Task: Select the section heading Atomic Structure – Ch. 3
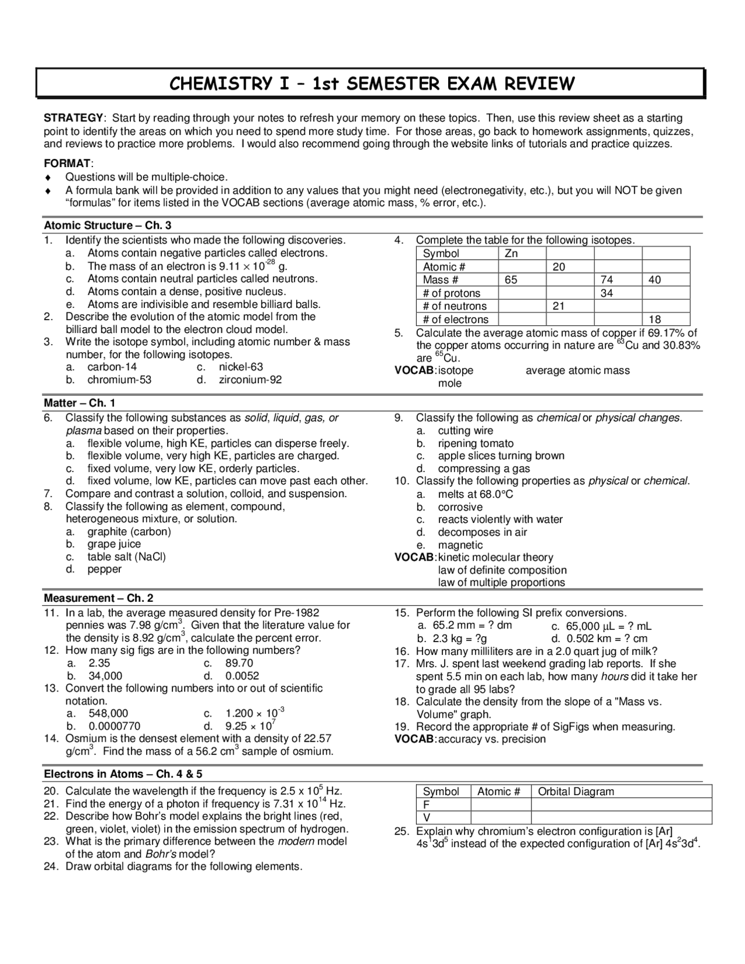coord(108,226)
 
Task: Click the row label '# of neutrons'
coord(455,306)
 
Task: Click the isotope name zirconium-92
coord(250,380)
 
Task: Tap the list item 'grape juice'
coord(114,544)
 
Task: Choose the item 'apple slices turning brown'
coord(501,456)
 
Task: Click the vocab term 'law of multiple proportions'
coord(501,583)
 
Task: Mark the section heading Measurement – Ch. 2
coord(99,598)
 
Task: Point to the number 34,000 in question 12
coord(105,676)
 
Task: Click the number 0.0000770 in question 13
coord(115,726)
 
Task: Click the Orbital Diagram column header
coord(576,792)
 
